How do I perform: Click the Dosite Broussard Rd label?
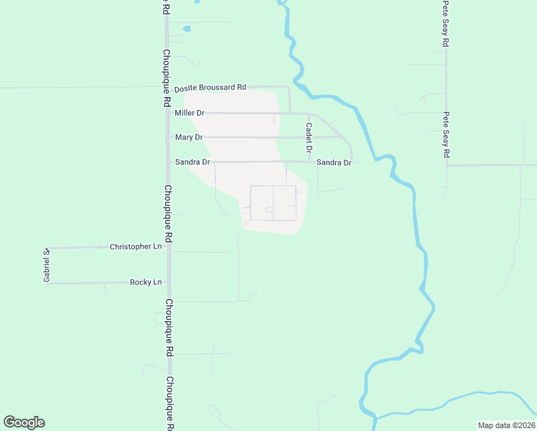(210, 88)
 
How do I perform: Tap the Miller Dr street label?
(190, 113)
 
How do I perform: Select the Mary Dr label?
(189, 137)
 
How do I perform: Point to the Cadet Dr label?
(308, 137)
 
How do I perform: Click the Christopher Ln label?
(136, 247)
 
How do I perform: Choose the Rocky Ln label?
(146, 283)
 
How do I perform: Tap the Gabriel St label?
(45, 265)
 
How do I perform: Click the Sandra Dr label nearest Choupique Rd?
(192, 162)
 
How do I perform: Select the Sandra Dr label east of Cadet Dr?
(334, 163)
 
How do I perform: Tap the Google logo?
(24, 422)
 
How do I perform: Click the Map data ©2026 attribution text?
(506, 425)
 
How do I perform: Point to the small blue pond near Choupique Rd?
(187, 29)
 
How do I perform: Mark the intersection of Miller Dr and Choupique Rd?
(167, 113)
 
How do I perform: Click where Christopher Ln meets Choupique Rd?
(167, 247)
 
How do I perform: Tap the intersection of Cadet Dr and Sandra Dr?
(309, 162)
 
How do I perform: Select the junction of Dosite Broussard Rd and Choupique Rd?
(167, 88)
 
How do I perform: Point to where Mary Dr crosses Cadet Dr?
(309, 136)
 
